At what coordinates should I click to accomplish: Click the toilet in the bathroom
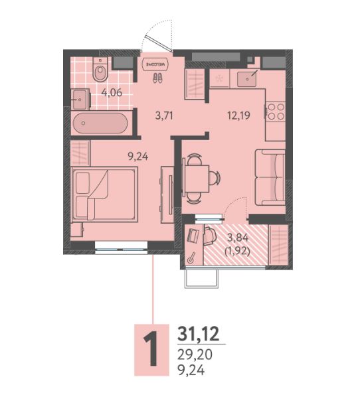[100, 69]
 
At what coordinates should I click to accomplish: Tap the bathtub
[100, 123]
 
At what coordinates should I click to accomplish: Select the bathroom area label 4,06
[112, 92]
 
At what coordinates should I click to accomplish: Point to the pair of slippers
[157, 78]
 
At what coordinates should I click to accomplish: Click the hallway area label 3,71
[164, 116]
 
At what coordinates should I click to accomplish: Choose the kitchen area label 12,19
[238, 116]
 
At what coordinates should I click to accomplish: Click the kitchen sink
[247, 79]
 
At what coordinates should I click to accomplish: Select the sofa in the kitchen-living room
[270, 177]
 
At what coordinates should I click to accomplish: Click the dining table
[197, 179]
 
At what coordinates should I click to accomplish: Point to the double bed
[105, 194]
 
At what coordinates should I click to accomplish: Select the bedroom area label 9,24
[138, 156]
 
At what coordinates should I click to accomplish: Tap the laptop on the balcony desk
[193, 235]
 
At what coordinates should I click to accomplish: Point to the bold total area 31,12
[198, 334]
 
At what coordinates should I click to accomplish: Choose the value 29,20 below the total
[195, 355]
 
